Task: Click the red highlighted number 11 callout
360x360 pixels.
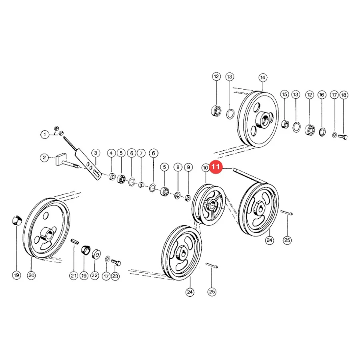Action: pyautogui.click(x=216, y=167)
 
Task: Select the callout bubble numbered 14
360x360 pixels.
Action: pyautogui.click(x=263, y=78)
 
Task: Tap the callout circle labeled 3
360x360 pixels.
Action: pyautogui.click(x=96, y=153)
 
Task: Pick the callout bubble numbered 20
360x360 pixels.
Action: pyautogui.click(x=32, y=275)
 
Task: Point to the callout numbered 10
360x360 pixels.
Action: pyautogui.click(x=205, y=168)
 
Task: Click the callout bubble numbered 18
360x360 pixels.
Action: pyautogui.click(x=344, y=95)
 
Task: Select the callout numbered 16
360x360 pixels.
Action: pyautogui.click(x=322, y=95)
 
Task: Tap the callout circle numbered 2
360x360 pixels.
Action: pyautogui.click(x=44, y=158)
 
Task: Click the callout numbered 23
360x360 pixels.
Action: pyautogui.click(x=115, y=276)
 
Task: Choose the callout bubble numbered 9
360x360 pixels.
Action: pyautogui.click(x=188, y=167)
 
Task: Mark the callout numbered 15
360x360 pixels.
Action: pyautogui.click(x=285, y=94)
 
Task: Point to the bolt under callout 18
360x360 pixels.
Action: pyautogui.click(x=343, y=137)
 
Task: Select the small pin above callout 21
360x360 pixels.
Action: pyautogui.click(x=75, y=242)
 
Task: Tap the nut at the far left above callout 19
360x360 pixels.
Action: pyautogui.click(x=17, y=221)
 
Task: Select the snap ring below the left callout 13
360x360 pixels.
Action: pyautogui.click(x=230, y=114)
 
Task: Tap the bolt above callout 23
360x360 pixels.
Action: pyautogui.click(x=116, y=262)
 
